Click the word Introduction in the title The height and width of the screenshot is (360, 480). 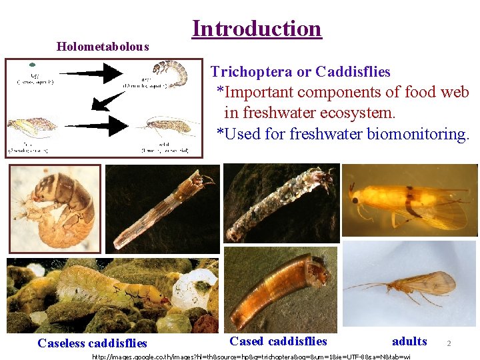click(257, 29)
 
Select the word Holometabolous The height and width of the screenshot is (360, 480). click(103, 47)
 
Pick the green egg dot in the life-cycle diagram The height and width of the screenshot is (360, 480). click(31, 65)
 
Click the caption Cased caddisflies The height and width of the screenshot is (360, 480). click(278, 341)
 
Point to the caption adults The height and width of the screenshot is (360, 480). click(409, 341)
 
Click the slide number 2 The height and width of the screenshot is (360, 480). click(449, 343)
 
